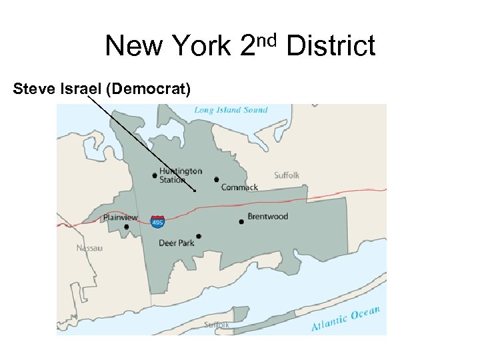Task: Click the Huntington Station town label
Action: click(x=180, y=175)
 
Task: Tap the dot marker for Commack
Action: click(x=217, y=179)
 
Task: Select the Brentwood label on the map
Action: click(x=267, y=217)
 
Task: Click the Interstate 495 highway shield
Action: click(x=158, y=221)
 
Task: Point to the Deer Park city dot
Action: click(x=199, y=236)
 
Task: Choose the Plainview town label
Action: click(x=120, y=217)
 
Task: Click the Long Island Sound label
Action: click(x=231, y=110)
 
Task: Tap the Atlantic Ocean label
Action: click(x=345, y=318)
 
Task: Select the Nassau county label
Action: click(x=89, y=248)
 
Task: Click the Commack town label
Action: click(x=239, y=187)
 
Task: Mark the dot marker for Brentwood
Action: click(x=241, y=221)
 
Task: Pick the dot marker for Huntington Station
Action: click(x=155, y=176)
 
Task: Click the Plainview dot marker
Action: click(x=127, y=227)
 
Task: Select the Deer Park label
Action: click(x=177, y=243)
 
